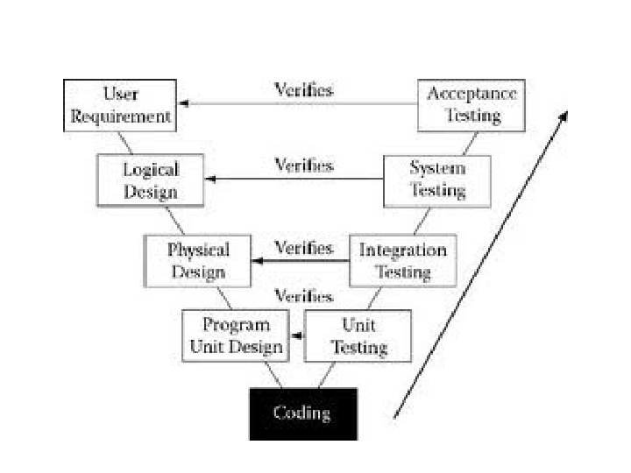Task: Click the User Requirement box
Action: point(118,105)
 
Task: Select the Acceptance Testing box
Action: point(471,105)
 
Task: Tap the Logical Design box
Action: point(150,180)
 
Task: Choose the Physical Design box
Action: point(198,261)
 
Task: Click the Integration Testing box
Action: point(403,261)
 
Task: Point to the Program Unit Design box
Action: point(237,336)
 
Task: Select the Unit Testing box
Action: point(358,336)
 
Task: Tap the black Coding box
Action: point(302,413)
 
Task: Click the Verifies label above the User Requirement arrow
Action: point(304,90)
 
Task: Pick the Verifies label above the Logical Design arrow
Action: point(304,166)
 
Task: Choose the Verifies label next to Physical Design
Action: point(304,248)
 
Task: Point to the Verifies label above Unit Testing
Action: point(304,297)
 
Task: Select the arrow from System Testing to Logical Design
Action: point(295,179)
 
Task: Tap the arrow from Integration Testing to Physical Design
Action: point(301,261)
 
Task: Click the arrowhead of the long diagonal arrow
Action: point(565,115)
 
